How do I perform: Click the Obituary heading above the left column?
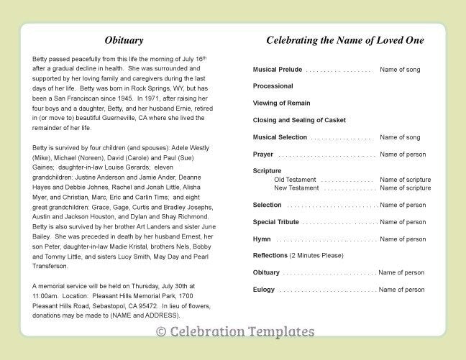pyautogui.click(x=124, y=40)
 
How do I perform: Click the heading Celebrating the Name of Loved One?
pyautogui.click(x=344, y=40)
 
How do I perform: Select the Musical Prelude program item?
pyautogui.click(x=277, y=70)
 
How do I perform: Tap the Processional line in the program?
pyautogui.click(x=273, y=86)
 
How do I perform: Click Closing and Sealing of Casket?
pyautogui.click(x=298, y=120)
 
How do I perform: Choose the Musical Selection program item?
pyautogui.click(x=280, y=137)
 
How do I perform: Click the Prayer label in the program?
pyautogui.click(x=262, y=154)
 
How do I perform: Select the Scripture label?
pyautogui.click(x=267, y=171)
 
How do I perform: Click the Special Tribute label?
pyautogui.click(x=276, y=222)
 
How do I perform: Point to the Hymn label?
pyautogui.click(x=262, y=239)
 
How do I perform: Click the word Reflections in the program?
pyautogui.click(x=270, y=256)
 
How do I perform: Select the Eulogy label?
pyautogui.click(x=264, y=290)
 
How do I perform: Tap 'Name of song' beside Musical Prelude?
pyautogui.click(x=400, y=70)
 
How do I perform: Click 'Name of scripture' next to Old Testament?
pyautogui.click(x=406, y=180)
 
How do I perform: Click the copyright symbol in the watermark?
pyautogui.click(x=160, y=332)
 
